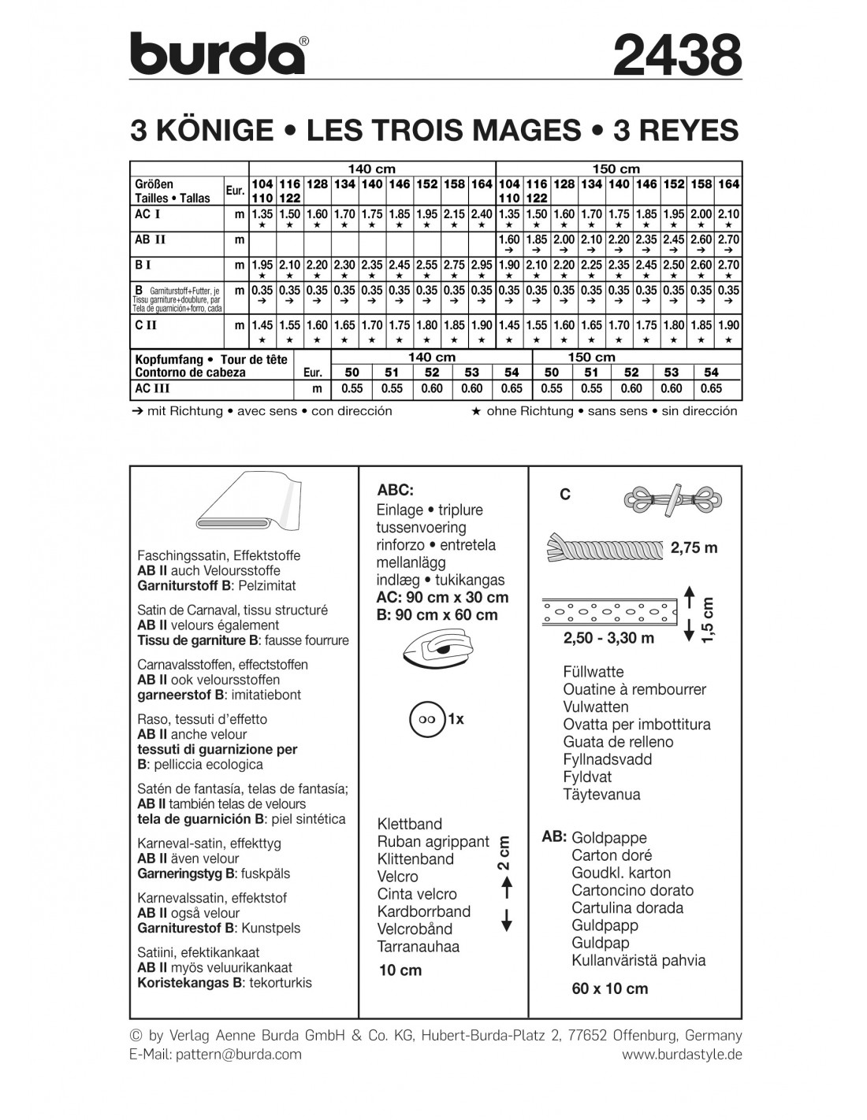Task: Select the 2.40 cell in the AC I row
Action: pos(482,214)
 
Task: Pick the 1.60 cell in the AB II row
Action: pos(509,240)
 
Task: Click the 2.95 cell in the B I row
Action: pos(482,265)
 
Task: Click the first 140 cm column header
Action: pos(372,169)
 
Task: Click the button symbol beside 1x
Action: pos(426,719)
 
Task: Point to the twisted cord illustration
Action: pos(604,546)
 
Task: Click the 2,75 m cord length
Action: pos(694,547)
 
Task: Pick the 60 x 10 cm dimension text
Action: pos(610,988)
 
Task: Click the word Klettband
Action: pos(410,825)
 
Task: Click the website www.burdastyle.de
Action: pos(682,1054)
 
